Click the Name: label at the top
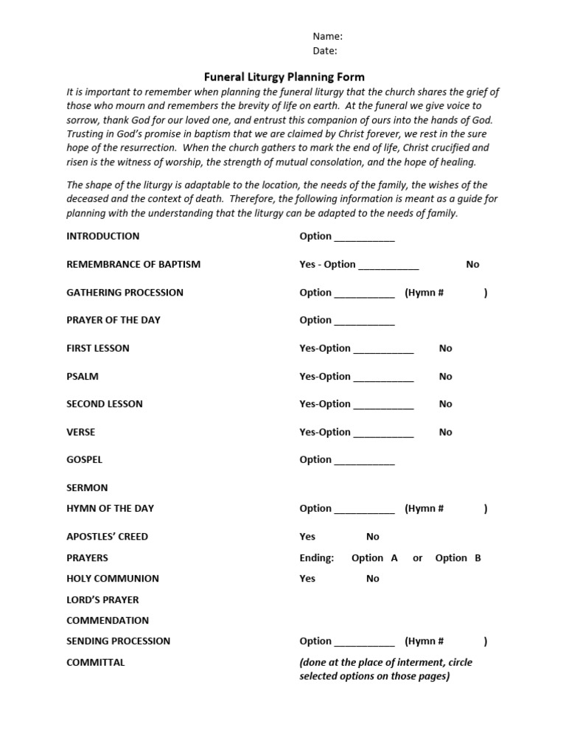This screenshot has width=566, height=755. [327, 36]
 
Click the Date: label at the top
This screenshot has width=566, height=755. [325, 51]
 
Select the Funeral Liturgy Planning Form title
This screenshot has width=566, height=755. [284, 77]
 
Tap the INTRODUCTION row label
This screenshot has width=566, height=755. [102, 237]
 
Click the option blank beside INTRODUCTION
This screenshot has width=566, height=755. [364, 238]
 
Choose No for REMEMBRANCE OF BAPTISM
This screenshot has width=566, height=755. [472, 264]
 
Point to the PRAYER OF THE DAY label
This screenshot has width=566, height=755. [113, 320]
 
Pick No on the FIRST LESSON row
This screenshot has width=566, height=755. [445, 348]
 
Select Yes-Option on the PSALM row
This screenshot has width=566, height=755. [325, 376]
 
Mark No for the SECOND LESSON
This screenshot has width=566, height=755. [445, 404]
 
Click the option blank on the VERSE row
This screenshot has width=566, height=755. [383, 434]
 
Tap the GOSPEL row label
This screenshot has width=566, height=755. [85, 459]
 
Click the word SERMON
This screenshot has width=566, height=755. [87, 487]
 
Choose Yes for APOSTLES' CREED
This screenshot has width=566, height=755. [307, 537]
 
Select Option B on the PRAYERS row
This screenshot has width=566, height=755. [458, 558]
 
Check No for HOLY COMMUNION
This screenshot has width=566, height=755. [373, 579]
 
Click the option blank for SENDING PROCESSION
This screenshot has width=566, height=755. [364, 643]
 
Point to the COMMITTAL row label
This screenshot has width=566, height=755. [96, 662]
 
